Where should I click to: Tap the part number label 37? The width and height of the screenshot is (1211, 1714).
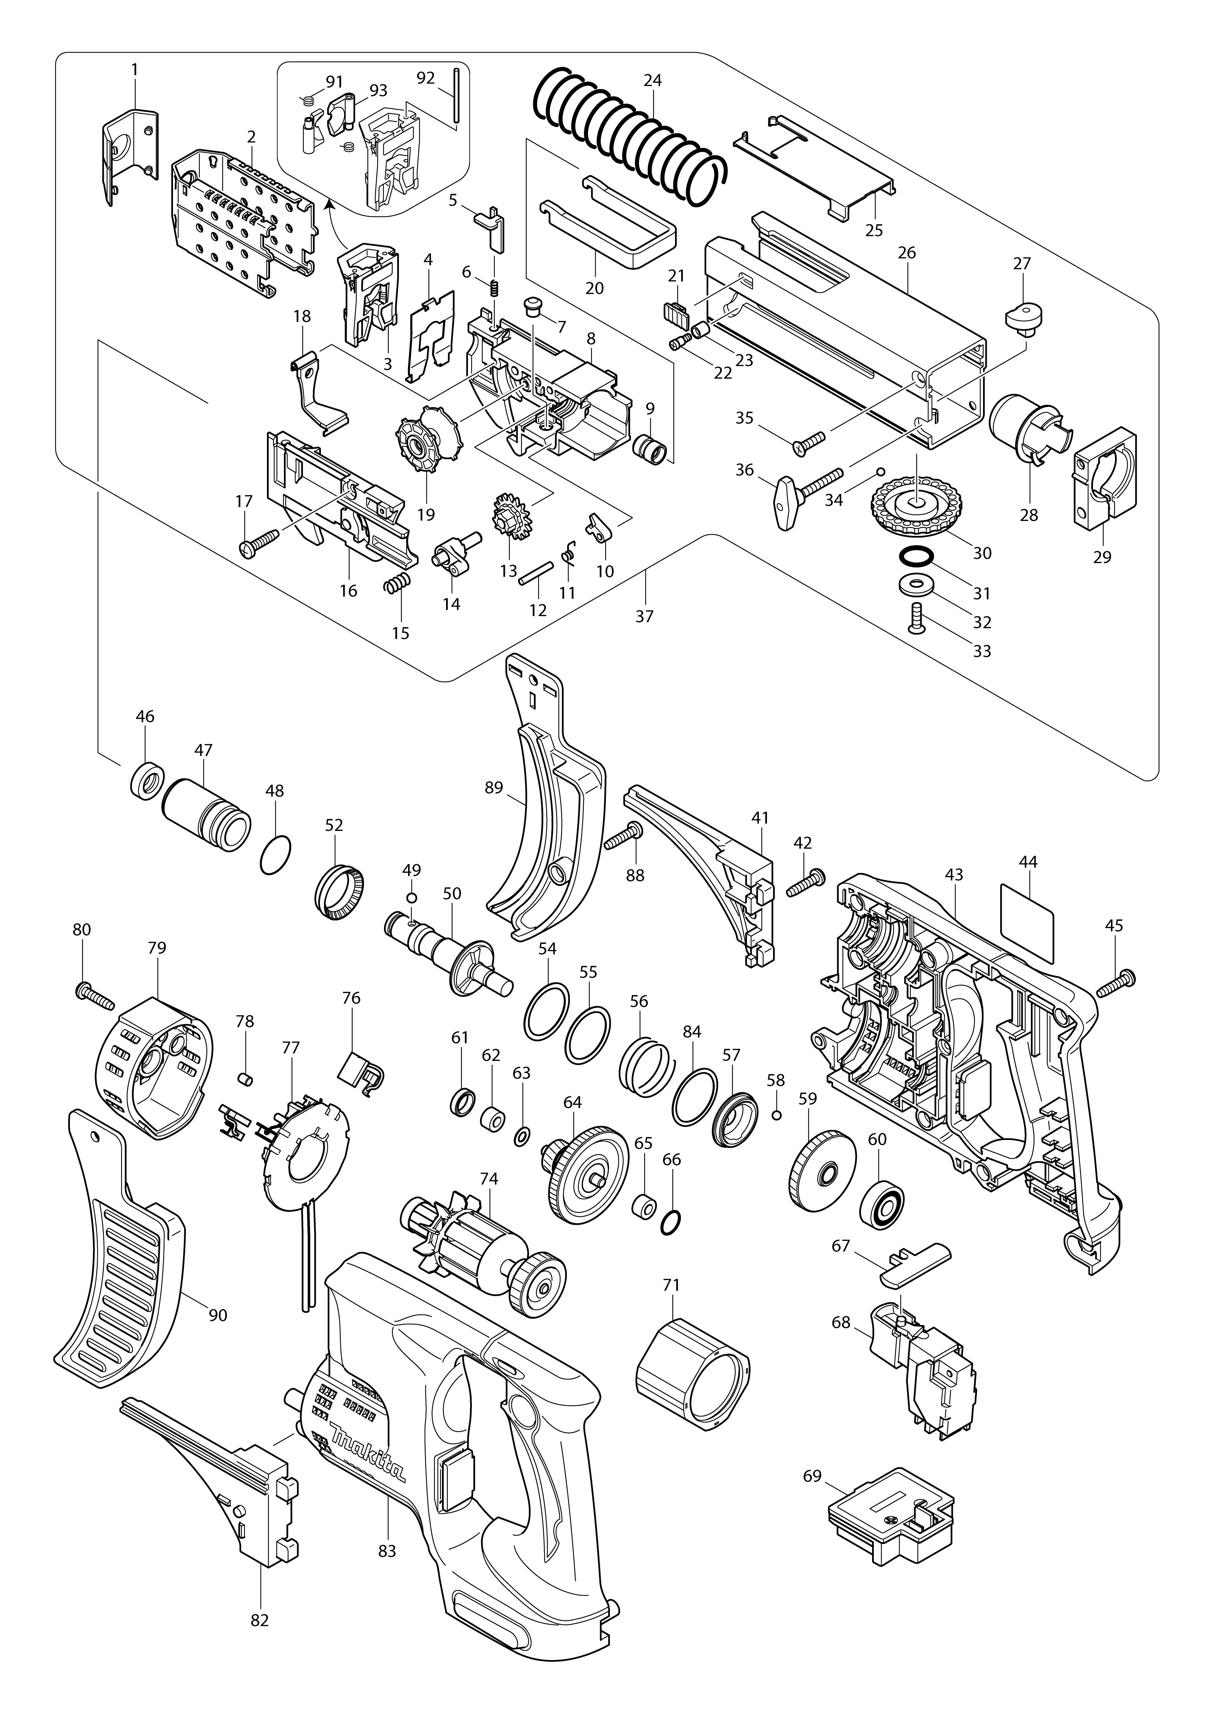pyautogui.click(x=644, y=616)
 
